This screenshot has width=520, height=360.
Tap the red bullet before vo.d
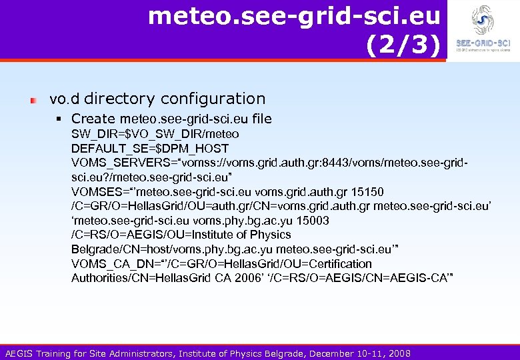click(x=33, y=99)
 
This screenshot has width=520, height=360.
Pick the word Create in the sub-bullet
click(x=93, y=119)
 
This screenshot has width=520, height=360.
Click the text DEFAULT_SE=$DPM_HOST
click(x=150, y=148)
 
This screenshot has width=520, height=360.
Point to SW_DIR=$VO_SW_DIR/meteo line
click(x=155, y=133)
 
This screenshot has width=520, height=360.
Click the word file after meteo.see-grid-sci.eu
click(x=262, y=119)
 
